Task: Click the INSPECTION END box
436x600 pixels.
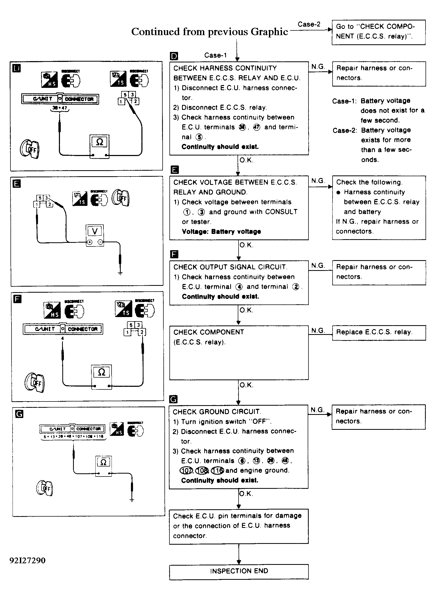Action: [239, 571]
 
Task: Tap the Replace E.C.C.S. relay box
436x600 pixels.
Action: [379, 333]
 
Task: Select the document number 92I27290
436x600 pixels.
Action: [27, 561]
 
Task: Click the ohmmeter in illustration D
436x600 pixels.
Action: [99, 147]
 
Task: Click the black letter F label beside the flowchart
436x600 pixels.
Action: [174, 254]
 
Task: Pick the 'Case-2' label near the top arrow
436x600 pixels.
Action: [309, 24]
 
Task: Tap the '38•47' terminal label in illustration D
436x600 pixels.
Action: [60, 108]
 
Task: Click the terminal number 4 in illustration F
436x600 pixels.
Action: [62, 338]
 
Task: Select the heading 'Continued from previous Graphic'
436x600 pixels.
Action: [209, 32]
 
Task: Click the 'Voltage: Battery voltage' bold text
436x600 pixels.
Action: [221, 232]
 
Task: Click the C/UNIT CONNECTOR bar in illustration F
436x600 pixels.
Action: [63, 329]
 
